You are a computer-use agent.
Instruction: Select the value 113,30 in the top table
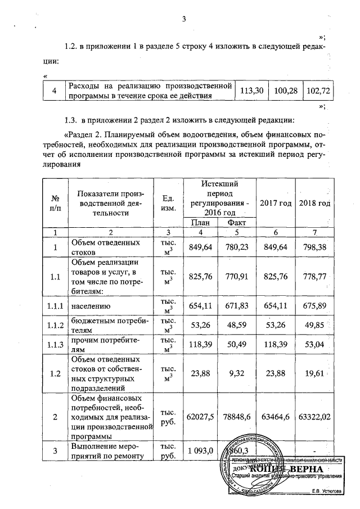[252, 91]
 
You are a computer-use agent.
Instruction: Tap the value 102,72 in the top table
[318, 91]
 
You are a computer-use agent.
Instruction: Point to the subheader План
[201, 223]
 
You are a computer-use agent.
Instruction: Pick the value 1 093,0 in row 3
[201, 451]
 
